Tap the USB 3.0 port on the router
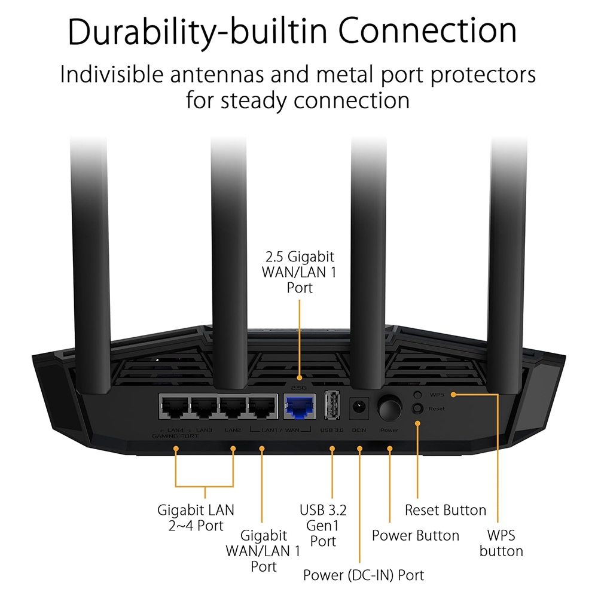pyautogui.click(x=331, y=406)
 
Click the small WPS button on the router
pyautogui.click(x=418, y=395)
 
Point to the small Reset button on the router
pyautogui.click(x=418, y=408)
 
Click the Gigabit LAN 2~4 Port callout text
pyautogui.click(x=196, y=518)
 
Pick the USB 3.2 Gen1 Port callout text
pyautogui.click(x=323, y=526)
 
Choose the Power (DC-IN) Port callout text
pyautogui.click(x=363, y=575)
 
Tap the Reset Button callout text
pyautogui.click(x=446, y=510)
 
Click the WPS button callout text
pyautogui.click(x=501, y=542)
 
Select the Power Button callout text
pyautogui.click(x=416, y=535)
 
